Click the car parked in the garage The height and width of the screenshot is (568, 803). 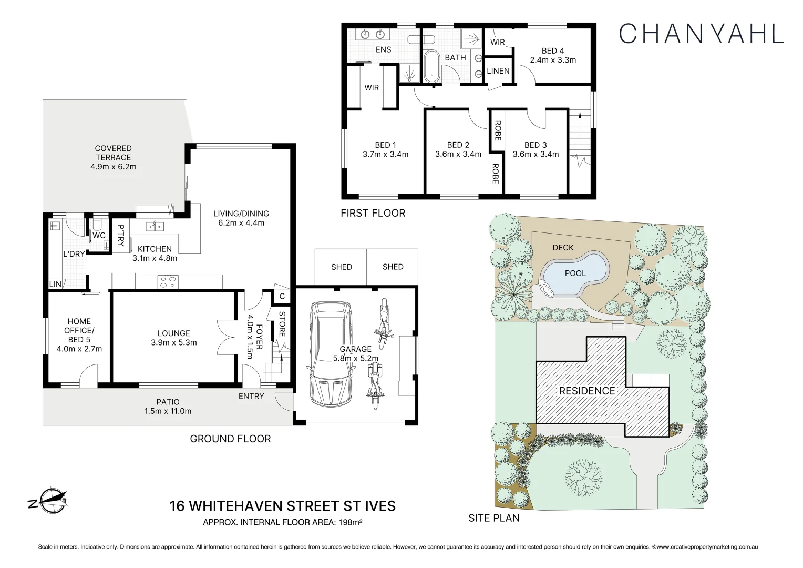tap(331, 353)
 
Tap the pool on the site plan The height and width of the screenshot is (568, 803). tap(574, 273)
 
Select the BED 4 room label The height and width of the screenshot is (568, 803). tap(552, 51)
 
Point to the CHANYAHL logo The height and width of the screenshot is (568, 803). tap(701, 33)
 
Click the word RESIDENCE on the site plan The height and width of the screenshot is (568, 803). tap(586, 391)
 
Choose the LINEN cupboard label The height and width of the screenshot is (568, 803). tap(498, 70)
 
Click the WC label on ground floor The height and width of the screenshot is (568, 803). tap(99, 235)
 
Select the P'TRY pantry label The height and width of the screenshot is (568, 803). tap(121, 236)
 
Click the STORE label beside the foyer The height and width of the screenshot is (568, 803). tap(282, 324)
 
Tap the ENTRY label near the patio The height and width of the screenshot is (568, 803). tap(251, 396)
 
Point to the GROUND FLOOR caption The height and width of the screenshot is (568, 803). tap(230, 439)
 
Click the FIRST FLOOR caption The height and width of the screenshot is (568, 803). tap(373, 213)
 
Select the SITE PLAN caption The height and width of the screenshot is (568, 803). tap(493, 518)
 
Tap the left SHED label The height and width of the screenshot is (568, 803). tap(341, 267)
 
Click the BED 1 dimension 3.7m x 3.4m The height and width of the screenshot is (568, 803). tap(385, 154)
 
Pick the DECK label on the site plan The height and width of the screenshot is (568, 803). tap(563, 247)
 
